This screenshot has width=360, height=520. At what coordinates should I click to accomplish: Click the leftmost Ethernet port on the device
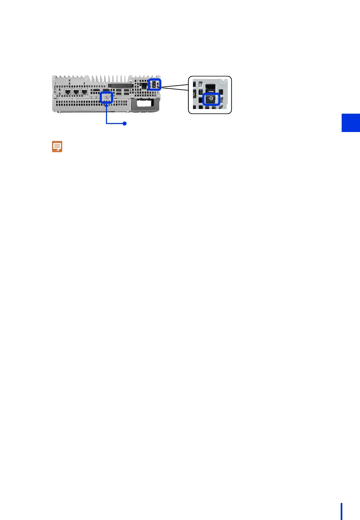click(68, 92)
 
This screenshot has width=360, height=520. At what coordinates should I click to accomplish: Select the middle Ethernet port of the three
click(76, 92)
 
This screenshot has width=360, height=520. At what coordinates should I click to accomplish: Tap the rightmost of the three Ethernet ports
click(84, 92)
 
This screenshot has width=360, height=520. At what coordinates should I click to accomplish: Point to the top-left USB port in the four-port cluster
click(119, 90)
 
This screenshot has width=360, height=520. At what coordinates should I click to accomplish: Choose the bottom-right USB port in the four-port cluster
click(126, 94)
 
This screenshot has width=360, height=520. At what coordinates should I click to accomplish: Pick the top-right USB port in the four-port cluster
click(126, 90)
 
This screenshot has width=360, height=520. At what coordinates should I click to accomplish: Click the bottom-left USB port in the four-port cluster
click(119, 94)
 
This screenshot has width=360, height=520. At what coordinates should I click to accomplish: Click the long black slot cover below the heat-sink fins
click(121, 85)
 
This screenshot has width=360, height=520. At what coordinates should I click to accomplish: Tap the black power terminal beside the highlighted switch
click(144, 86)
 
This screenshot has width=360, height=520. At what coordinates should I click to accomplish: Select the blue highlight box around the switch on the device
click(154, 84)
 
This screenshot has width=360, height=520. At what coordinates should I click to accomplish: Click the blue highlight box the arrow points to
click(106, 98)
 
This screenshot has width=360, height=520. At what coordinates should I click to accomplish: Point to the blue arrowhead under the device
click(106, 106)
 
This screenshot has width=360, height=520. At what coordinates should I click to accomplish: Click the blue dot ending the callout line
click(124, 123)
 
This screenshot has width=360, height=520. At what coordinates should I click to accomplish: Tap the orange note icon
click(57, 147)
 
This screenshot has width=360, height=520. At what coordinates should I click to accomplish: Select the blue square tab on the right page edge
click(351, 123)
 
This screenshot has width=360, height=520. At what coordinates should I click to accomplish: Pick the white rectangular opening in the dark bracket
click(145, 103)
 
